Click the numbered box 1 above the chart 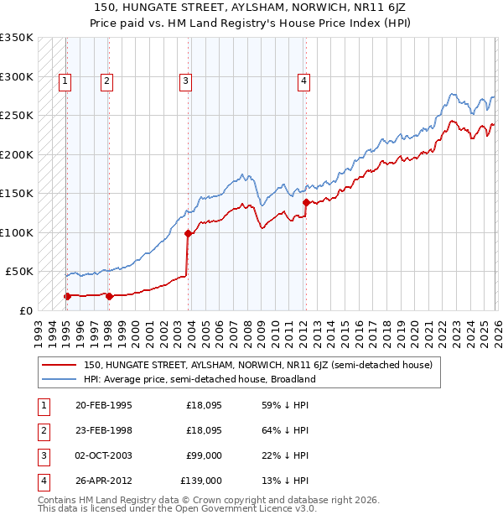coord(65,81)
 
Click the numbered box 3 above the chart coord(184,81)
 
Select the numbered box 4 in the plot coord(303,81)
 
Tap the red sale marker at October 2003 coord(188,234)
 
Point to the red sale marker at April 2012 coord(306,202)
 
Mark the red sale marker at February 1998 coord(109,295)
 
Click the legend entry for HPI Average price coord(199,379)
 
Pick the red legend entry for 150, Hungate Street coord(257,365)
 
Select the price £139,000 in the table coord(201,481)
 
